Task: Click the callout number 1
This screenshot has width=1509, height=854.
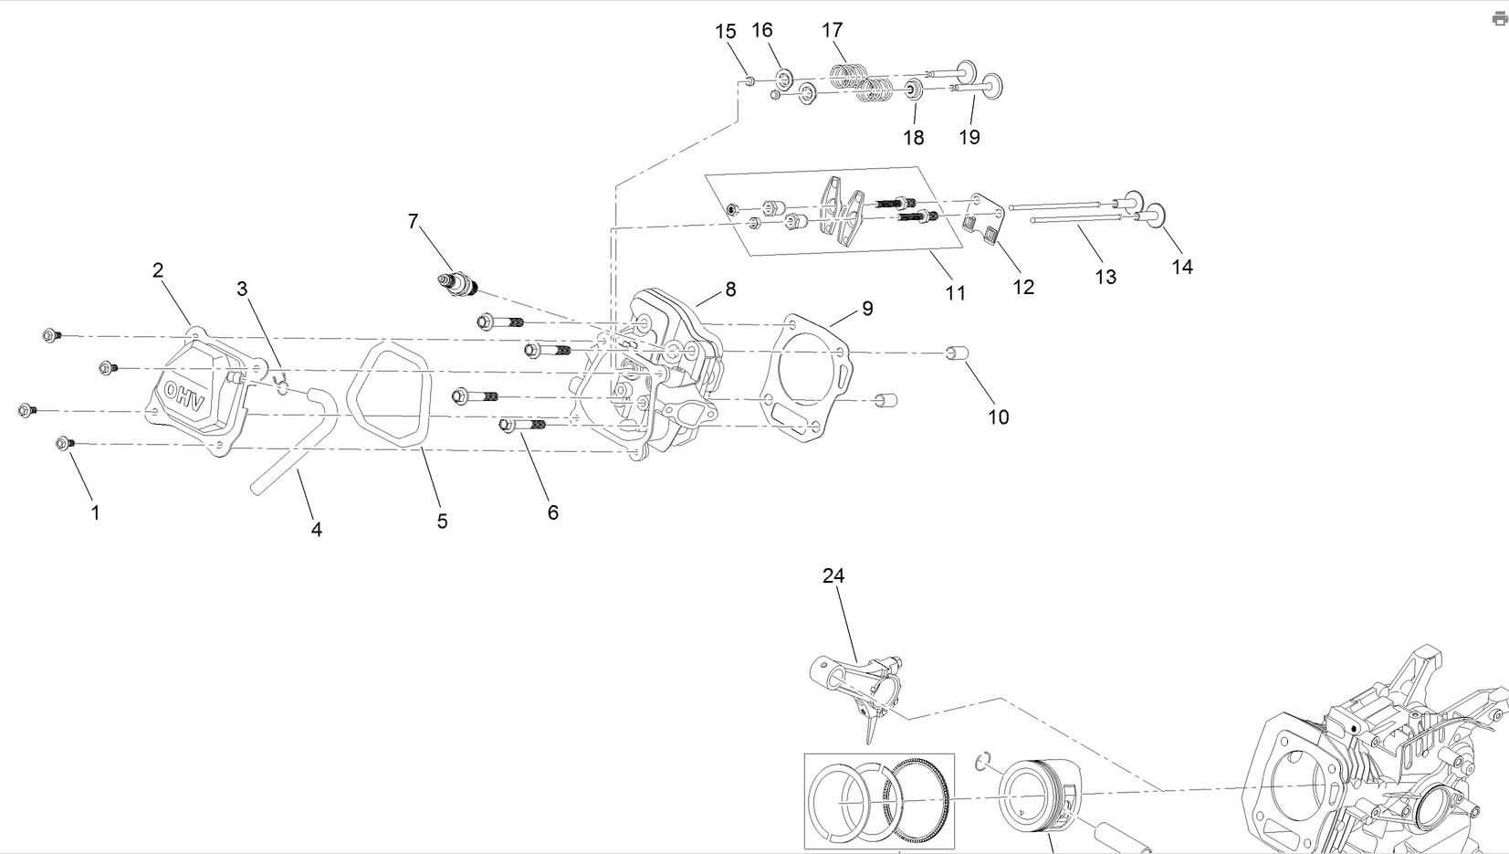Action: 96,513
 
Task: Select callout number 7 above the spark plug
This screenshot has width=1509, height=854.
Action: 413,221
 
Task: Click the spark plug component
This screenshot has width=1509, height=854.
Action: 457,284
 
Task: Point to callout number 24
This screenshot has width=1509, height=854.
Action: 833,575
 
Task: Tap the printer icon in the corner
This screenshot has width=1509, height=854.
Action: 1500,19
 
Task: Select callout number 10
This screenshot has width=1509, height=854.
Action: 999,417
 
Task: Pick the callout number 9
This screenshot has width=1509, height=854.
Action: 867,308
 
